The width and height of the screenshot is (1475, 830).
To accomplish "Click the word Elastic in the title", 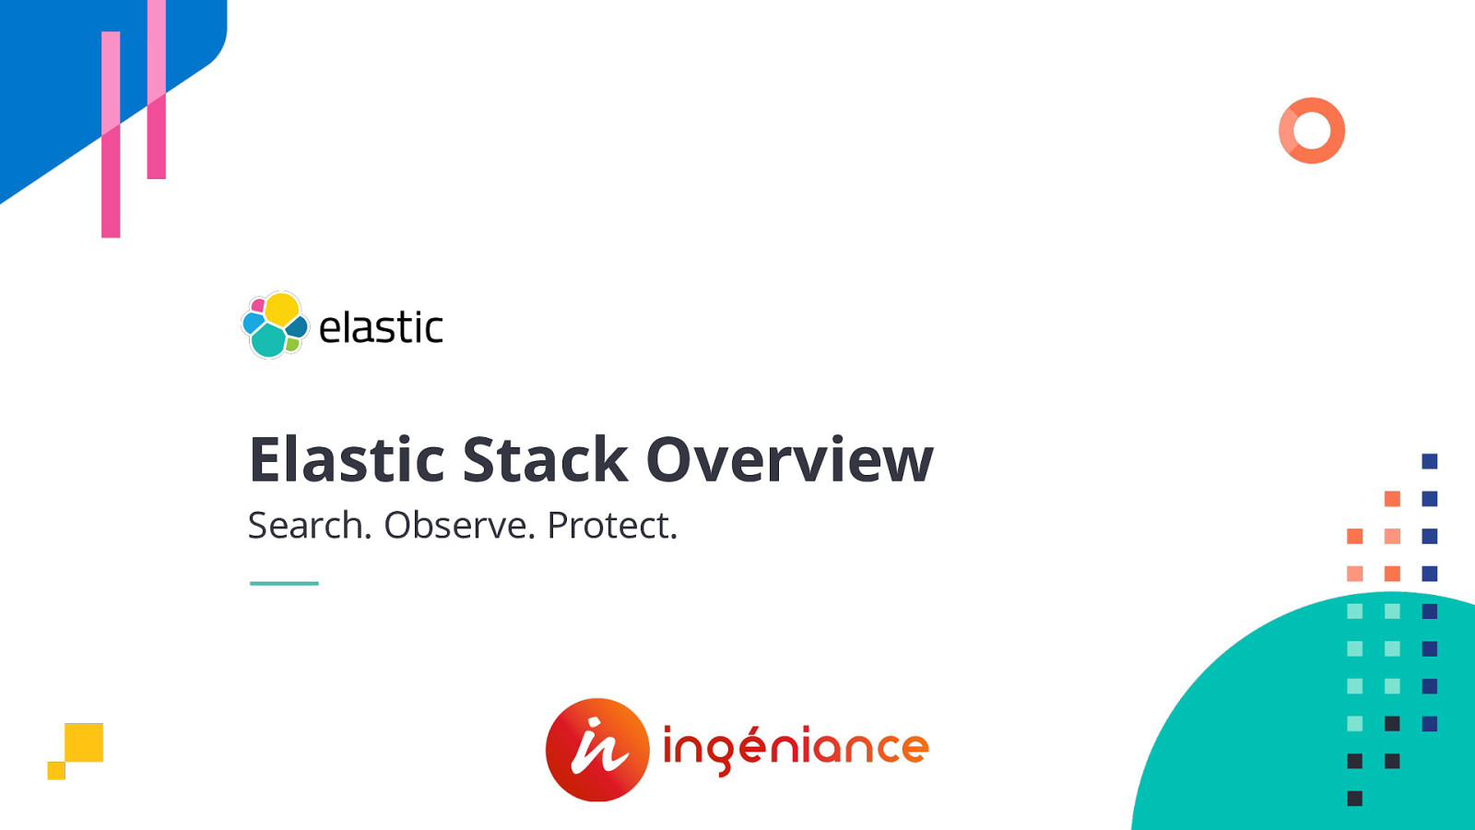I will coord(348,459).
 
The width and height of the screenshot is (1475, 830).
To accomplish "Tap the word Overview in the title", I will coord(789,459).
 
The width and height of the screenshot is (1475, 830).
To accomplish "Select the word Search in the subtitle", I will coord(309,526).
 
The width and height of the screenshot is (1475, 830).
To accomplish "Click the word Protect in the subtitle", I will coord(611,526).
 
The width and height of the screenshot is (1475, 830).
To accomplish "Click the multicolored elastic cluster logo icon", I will coord(274,326).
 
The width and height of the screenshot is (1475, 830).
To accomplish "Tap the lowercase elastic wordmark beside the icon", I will coord(380,328).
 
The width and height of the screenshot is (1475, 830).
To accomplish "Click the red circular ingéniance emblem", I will coord(597,750).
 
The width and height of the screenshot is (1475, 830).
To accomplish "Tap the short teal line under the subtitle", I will coord(284,583).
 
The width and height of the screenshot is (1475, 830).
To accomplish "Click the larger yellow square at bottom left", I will coord(84,742).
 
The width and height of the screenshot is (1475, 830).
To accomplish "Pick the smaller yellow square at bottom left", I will coord(56,771).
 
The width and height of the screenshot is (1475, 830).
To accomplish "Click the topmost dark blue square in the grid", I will coord(1430,461).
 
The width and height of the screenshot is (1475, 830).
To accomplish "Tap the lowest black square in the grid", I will coord(1354,799).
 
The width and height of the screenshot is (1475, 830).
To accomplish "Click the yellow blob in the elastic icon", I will coord(281,309).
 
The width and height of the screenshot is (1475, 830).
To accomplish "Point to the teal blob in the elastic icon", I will coord(268,342).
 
